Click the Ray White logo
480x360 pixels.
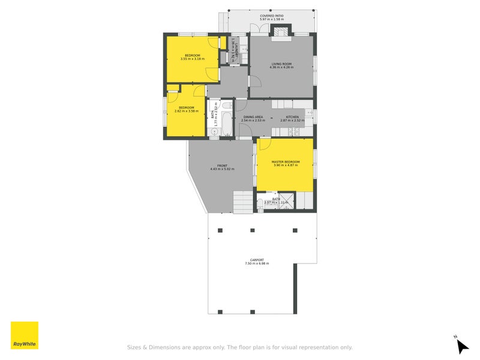click(x=25, y=335)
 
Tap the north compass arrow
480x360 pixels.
click(x=461, y=346)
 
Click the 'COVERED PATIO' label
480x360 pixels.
click(x=272, y=16)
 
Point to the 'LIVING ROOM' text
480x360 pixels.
click(x=281, y=63)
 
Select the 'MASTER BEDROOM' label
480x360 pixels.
click(x=285, y=162)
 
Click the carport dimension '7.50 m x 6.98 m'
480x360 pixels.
click(x=257, y=263)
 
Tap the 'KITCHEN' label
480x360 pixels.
click(x=292, y=116)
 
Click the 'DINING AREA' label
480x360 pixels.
click(x=253, y=116)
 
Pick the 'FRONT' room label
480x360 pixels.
click(x=222, y=166)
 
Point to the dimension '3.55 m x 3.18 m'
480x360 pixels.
click(x=192, y=59)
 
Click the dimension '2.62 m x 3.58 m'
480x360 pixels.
click(x=186, y=111)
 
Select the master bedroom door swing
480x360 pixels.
click(x=263, y=144)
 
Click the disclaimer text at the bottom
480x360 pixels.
click(x=239, y=347)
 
